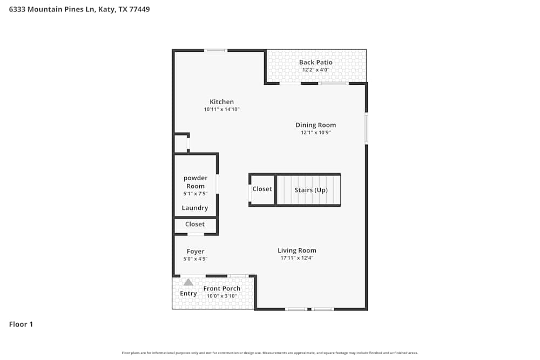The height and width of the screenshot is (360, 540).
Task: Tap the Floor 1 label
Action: (21, 324)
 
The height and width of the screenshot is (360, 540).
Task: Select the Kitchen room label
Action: (221, 101)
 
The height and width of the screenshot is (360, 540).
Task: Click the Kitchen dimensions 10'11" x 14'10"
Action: (221, 109)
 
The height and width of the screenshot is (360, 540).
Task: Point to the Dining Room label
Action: (315, 125)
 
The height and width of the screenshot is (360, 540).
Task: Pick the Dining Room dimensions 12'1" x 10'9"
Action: (315, 132)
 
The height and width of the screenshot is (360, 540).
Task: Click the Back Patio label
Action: (316, 62)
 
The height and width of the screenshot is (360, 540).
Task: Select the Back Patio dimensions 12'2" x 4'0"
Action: (316, 70)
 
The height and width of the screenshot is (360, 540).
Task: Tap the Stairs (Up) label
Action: (310, 190)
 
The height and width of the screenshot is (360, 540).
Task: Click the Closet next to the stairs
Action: (262, 189)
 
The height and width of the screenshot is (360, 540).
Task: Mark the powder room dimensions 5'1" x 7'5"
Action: (195, 193)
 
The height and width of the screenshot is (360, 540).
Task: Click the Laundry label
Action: (195, 208)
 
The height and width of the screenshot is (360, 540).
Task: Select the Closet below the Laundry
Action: (195, 224)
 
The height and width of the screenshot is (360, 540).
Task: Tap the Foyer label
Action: (195, 251)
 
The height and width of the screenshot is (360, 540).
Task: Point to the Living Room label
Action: (297, 250)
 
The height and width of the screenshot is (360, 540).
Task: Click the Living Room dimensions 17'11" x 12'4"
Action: (297, 258)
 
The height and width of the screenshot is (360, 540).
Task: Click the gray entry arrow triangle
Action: (188, 282)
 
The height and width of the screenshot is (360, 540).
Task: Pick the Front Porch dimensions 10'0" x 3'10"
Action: (221, 296)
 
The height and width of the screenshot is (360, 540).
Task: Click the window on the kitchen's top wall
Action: (215, 50)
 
